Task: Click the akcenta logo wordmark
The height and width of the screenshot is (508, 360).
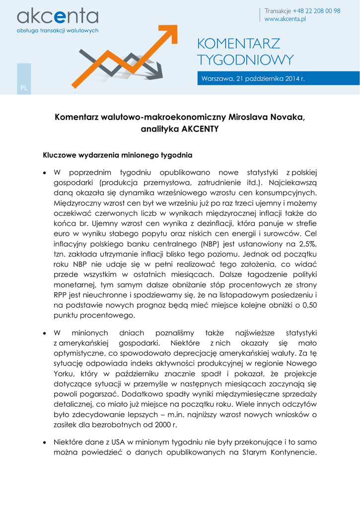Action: pyautogui.click(x=58, y=17)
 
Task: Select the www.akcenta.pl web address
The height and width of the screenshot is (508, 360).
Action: pyautogui.click(x=285, y=19)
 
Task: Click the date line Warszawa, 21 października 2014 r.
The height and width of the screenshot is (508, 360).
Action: pyautogui.click(x=252, y=79)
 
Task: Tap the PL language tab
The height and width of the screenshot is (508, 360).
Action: pyautogui.click(x=24, y=88)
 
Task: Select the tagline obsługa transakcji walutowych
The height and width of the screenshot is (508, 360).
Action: pyautogui.click(x=58, y=31)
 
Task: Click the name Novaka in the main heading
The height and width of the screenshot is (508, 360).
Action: pyautogui.click(x=280, y=118)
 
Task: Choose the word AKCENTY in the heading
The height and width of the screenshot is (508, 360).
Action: pyautogui.click(x=201, y=129)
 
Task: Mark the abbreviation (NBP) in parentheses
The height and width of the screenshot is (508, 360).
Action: pyautogui.click(x=213, y=244)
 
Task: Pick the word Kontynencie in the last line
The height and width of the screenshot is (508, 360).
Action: pyautogui.click(x=290, y=452)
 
